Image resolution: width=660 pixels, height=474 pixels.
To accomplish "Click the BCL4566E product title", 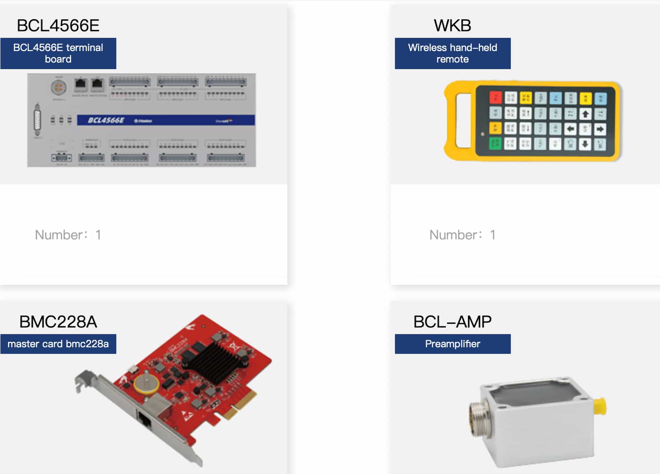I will click(58, 26).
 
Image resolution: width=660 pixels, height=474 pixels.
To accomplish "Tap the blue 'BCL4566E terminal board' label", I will click(58, 53).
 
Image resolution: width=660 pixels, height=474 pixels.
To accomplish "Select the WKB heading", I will click(452, 26).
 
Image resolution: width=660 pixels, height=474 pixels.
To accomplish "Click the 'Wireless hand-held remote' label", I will click(452, 53).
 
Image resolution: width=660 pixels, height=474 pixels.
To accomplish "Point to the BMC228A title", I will click(58, 322).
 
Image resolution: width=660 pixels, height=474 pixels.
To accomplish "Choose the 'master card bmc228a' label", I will click(58, 344).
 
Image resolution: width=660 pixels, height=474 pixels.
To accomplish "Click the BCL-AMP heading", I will click(452, 322).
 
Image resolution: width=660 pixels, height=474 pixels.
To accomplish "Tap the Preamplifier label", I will click(452, 344).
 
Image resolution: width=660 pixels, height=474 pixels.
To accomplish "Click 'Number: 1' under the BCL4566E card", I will click(68, 235).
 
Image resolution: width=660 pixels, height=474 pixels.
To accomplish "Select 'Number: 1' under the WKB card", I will click(462, 235).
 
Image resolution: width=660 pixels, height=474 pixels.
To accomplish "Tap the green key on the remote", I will click(495, 143).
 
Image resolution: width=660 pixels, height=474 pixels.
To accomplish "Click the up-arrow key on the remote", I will click(585, 114).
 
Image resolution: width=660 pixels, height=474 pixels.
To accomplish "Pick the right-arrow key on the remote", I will click(600, 129).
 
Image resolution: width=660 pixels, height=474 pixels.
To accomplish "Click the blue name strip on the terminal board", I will click(166, 120).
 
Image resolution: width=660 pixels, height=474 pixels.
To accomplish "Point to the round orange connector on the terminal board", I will click(59, 87).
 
